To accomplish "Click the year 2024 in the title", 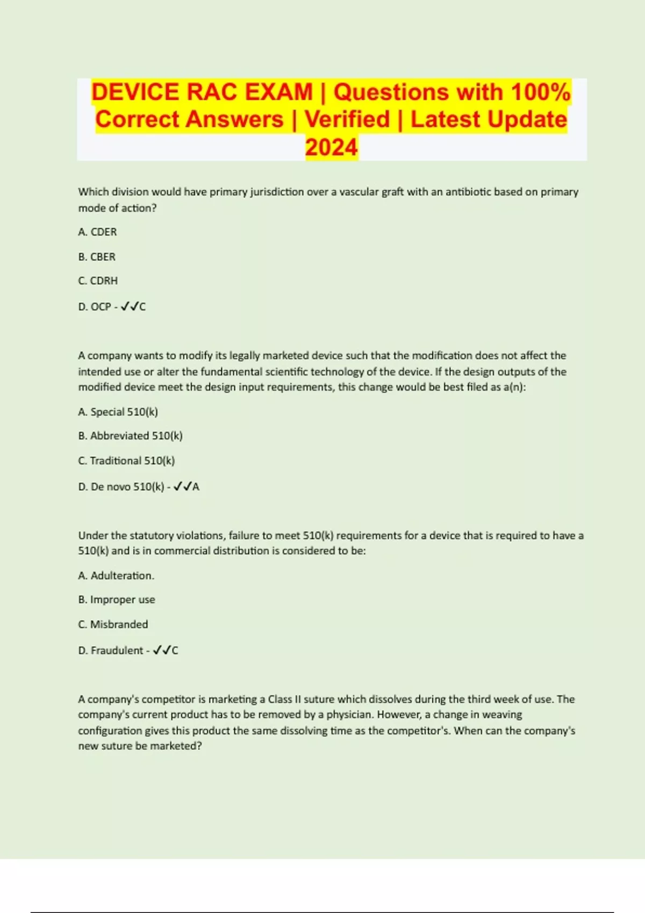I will (331, 147).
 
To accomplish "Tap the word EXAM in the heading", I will (278, 92).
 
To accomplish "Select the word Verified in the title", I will (347, 119).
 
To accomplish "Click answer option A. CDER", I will (97, 232).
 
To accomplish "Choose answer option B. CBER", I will (97, 257).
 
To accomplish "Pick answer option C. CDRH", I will (98, 281).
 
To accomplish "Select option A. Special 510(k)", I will (118, 412).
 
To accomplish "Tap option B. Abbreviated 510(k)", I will (130, 436).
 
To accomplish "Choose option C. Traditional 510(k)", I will (126, 461).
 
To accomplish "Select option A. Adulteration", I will (116, 576).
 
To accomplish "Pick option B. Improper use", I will (117, 599).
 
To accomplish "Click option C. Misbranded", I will (113, 624).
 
